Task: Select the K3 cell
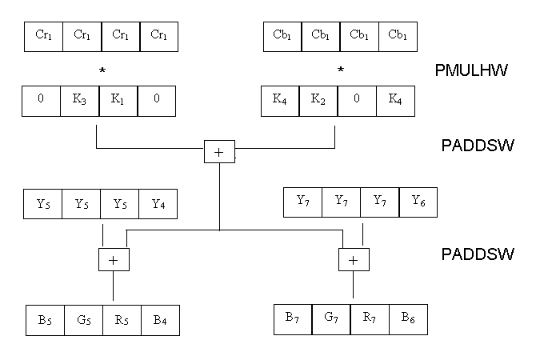click(x=80, y=101)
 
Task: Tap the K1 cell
click(x=118, y=101)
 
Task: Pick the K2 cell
click(x=318, y=101)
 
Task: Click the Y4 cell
click(x=158, y=203)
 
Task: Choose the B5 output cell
click(x=45, y=319)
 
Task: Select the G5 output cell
click(x=83, y=319)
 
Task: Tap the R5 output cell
click(x=122, y=319)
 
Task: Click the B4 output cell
click(x=160, y=319)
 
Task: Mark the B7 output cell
click(x=293, y=319)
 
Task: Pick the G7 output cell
click(x=331, y=319)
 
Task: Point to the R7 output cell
click(x=370, y=319)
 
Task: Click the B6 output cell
click(x=408, y=319)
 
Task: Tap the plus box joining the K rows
click(x=218, y=150)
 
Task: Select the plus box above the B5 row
click(x=113, y=259)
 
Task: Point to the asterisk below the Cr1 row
click(x=102, y=71)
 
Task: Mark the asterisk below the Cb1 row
click(x=340, y=71)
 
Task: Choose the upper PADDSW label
click(x=477, y=146)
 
